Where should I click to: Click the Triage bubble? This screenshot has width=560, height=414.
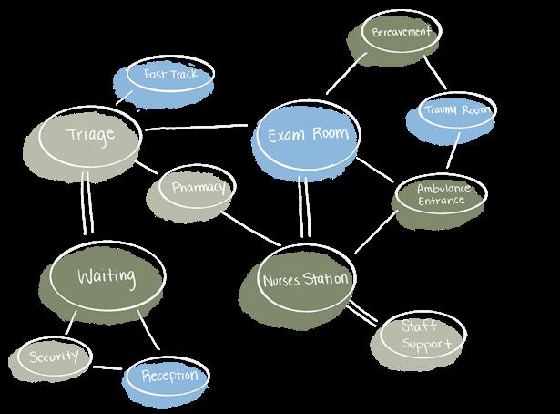coord(91,137)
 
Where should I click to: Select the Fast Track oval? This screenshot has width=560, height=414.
coord(170,74)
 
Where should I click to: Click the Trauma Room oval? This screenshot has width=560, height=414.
coord(458,111)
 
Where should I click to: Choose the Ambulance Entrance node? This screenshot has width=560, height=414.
coord(441,193)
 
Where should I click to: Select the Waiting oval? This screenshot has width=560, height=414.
coord(107,274)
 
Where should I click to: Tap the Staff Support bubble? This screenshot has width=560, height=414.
coord(420,335)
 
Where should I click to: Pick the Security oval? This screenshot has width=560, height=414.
coord(55,355)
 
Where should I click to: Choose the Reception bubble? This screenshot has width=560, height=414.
coord(169,374)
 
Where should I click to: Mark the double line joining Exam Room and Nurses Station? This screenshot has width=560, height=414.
coord(303,210)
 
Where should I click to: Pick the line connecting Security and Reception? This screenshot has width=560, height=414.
coord(108,368)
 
